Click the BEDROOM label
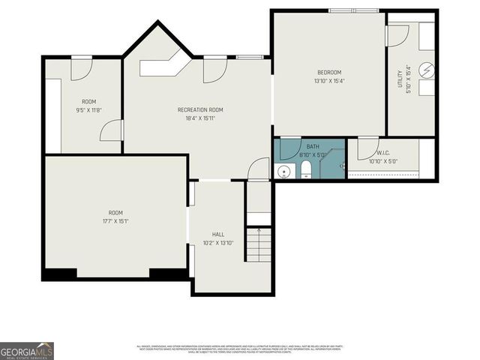pos(328,73)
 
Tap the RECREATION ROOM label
pos(199,110)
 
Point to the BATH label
pos(312,147)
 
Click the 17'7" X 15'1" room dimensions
pos(115,221)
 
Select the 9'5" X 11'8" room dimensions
pos(88,110)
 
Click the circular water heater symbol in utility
pos(426,70)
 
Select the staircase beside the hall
pos(258,244)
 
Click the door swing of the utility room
pos(397,35)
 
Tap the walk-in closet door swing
pos(367,149)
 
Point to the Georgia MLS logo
pos(26,351)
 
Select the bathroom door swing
pos(289,148)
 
